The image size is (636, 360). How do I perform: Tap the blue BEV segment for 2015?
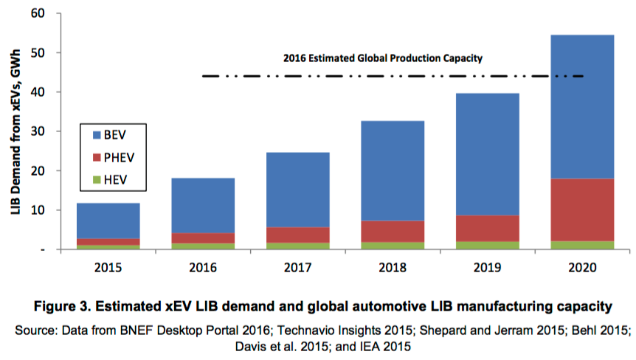(x=108, y=221)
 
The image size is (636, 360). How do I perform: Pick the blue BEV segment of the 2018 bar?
(x=393, y=170)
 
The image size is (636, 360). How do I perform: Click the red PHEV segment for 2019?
(x=488, y=228)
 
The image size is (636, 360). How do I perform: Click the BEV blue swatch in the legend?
(x=97, y=136)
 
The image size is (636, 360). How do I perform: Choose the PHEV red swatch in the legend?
(x=97, y=158)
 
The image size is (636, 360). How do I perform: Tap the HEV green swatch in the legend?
(x=97, y=180)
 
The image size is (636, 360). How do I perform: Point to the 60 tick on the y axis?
(x=38, y=14)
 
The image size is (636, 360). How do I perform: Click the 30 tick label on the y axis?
(x=38, y=132)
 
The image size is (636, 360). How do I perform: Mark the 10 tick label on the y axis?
(x=38, y=210)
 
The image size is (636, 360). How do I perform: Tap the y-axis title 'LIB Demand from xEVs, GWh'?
(x=15, y=131)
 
